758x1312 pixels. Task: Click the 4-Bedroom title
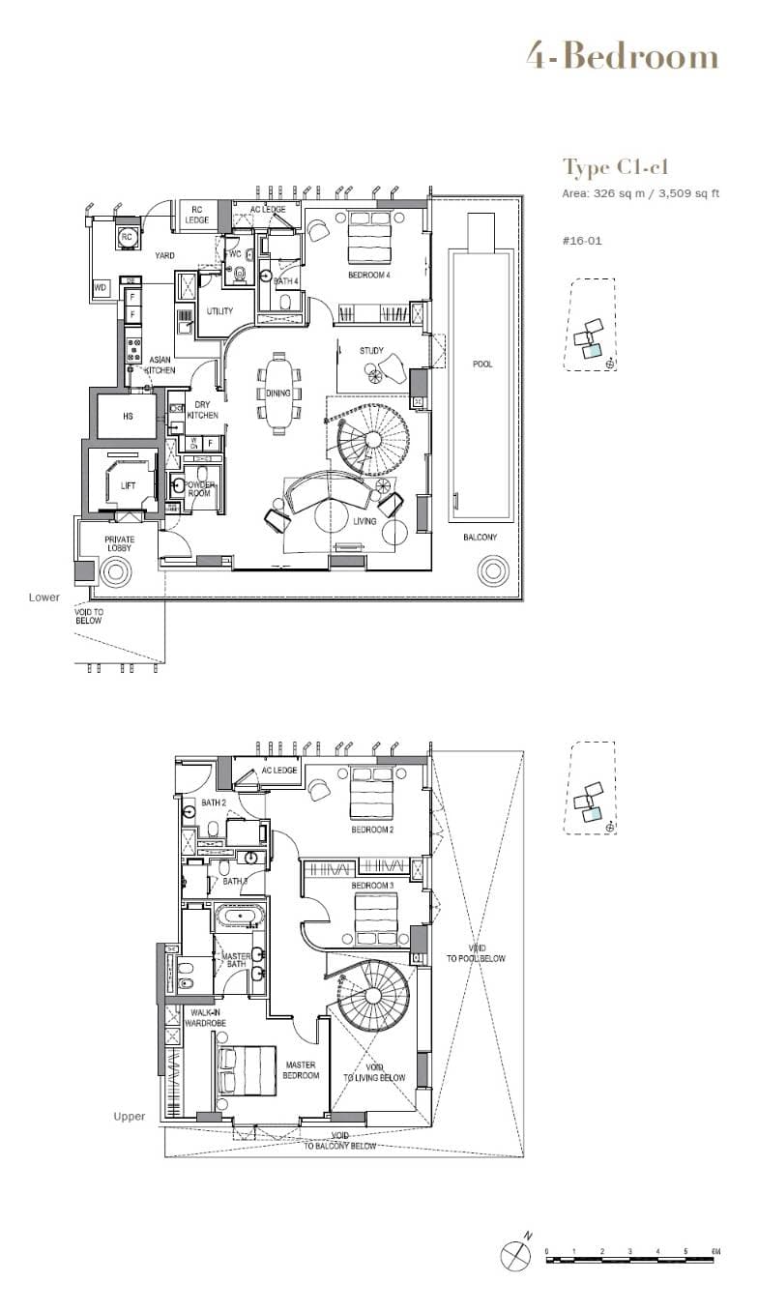coord(622,57)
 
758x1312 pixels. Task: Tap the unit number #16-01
coord(582,240)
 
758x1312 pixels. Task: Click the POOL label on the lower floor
coord(481,364)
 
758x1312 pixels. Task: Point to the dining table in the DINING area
coord(278,385)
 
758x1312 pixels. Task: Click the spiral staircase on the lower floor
coord(371,440)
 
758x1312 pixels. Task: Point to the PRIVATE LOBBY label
coord(119,544)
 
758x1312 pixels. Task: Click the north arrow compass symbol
coord(515,1256)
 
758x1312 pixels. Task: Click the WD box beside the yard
coord(100,288)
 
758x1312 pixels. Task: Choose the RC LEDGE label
coord(198,215)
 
